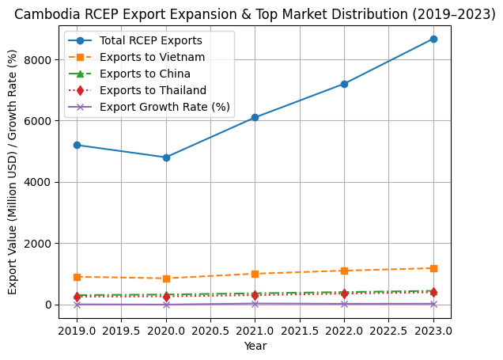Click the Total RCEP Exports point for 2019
[77, 145]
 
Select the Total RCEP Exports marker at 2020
[166, 157]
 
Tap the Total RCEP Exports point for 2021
[255, 117]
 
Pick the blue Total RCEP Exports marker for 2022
[344, 84]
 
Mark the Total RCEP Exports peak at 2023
[433, 39]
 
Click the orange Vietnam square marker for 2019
[77, 277]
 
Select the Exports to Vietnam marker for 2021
[255, 274]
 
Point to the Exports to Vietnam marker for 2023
[433, 268]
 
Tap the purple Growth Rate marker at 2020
[166, 305]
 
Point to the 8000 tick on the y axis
[40, 60]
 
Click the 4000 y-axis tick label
[40, 182]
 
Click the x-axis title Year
[255, 346]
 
